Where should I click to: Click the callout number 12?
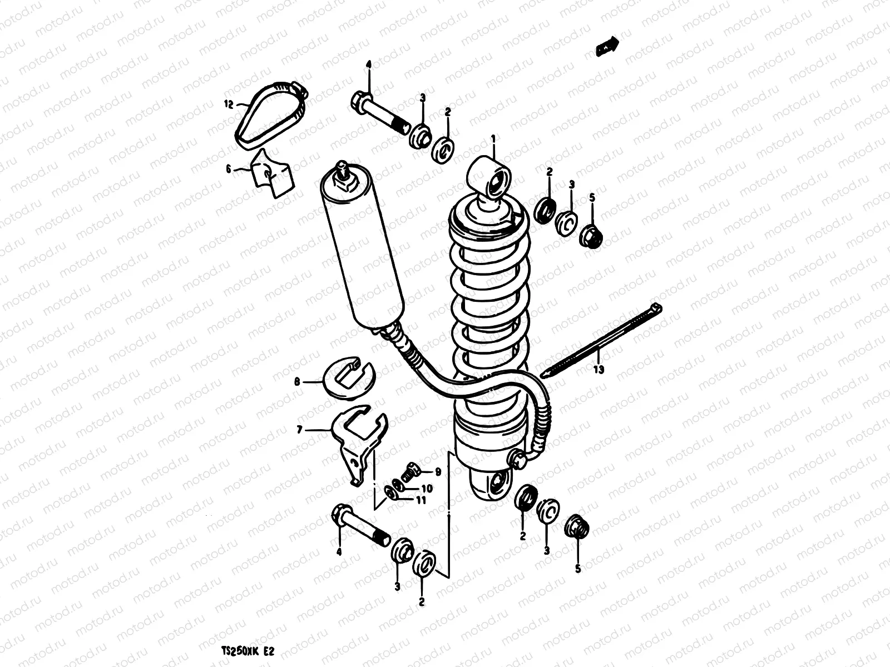coord(228,104)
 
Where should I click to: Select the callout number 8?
coord(297,382)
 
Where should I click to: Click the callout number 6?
coord(228,171)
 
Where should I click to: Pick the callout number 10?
coord(427,489)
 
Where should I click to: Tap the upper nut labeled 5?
coord(591,237)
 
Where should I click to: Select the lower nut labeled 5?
coord(576,527)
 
